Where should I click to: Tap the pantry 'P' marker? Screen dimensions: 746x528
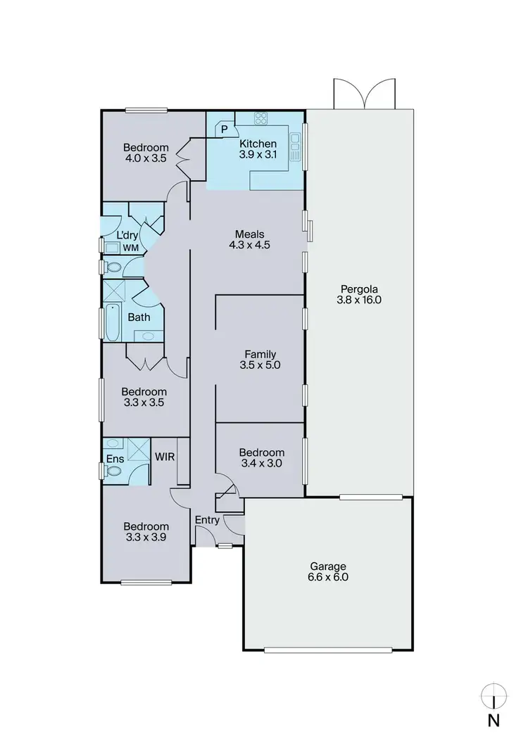click(225, 129)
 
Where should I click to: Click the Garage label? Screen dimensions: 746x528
click(329, 566)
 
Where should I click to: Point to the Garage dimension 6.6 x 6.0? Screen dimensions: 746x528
click(329, 577)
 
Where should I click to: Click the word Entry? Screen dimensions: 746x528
click(208, 521)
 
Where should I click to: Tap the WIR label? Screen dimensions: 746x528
click(165, 456)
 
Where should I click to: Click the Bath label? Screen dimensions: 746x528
click(139, 317)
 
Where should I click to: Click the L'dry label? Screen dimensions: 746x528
click(127, 234)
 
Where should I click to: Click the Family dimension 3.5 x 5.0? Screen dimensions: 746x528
click(260, 366)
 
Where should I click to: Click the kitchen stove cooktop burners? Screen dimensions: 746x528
click(262, 119)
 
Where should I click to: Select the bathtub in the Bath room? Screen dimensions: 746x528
click(113, 322)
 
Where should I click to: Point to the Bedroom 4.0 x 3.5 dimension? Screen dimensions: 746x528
click(146, 159)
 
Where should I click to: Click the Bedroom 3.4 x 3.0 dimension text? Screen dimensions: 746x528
click(261, 464)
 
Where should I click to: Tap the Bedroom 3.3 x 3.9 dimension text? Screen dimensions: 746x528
click(146, 538)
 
